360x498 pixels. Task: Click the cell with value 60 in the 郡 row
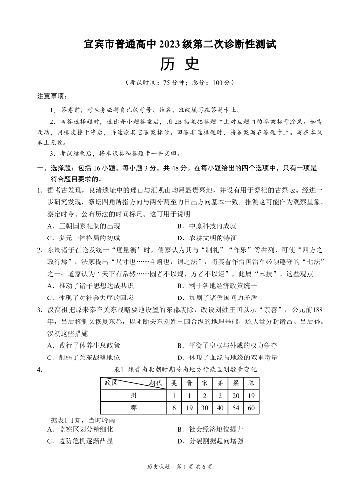click(x=251, y=407)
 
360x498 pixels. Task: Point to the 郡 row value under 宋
click(x=205, y=407)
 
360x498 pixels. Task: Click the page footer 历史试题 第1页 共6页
click(x=180, y=467)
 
